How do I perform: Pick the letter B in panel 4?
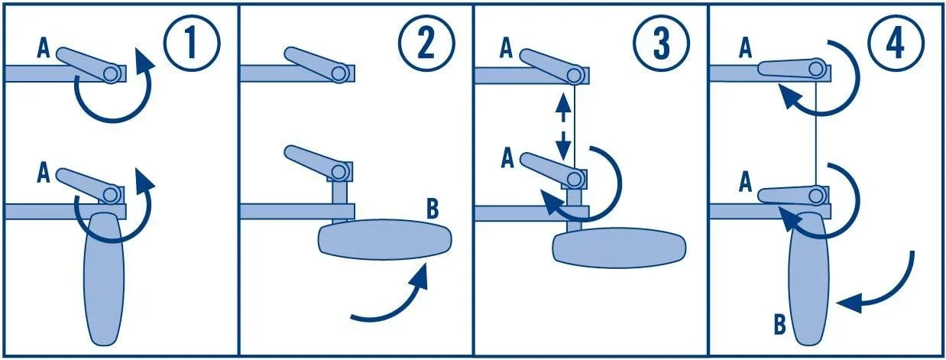(x=779, y=326)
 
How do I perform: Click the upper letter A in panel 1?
(x=44, y=52)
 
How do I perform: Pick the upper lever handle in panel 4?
(x=787, y=68)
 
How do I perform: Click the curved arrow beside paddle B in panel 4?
(x=886, y=287)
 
